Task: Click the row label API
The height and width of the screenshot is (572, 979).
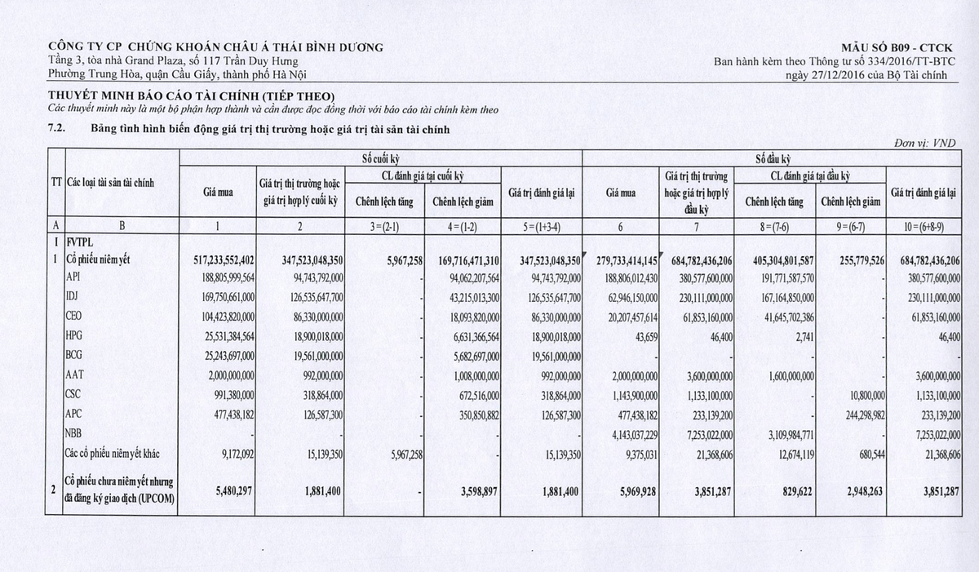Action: [x=76, y=277]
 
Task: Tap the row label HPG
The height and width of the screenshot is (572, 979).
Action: [x=77, y=335]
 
